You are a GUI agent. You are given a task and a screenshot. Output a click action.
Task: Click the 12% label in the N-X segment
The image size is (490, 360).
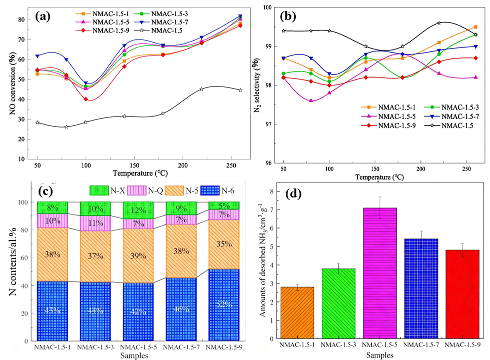point(139,209)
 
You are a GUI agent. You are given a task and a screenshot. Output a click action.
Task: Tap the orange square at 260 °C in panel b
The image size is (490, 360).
point(475,27)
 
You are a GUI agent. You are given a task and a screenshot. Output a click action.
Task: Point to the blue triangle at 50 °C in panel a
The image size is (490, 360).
point(37,56)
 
